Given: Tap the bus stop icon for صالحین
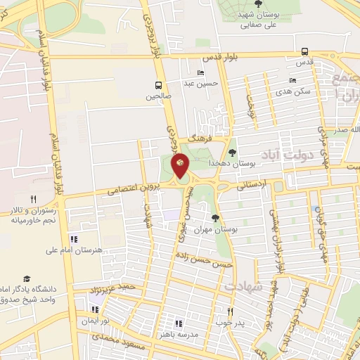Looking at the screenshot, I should (159, 84).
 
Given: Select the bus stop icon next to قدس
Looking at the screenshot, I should (304, 51).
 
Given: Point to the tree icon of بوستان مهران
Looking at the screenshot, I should (215, 218).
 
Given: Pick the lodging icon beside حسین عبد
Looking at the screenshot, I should (201, 73).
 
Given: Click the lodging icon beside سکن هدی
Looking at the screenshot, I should (292, 81).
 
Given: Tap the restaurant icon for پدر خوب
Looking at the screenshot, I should (229, 311).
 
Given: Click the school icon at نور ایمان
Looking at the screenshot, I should (95, 310).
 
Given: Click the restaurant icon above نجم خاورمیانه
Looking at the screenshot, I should (33, 200).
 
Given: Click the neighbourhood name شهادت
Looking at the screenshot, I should (243, 287).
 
